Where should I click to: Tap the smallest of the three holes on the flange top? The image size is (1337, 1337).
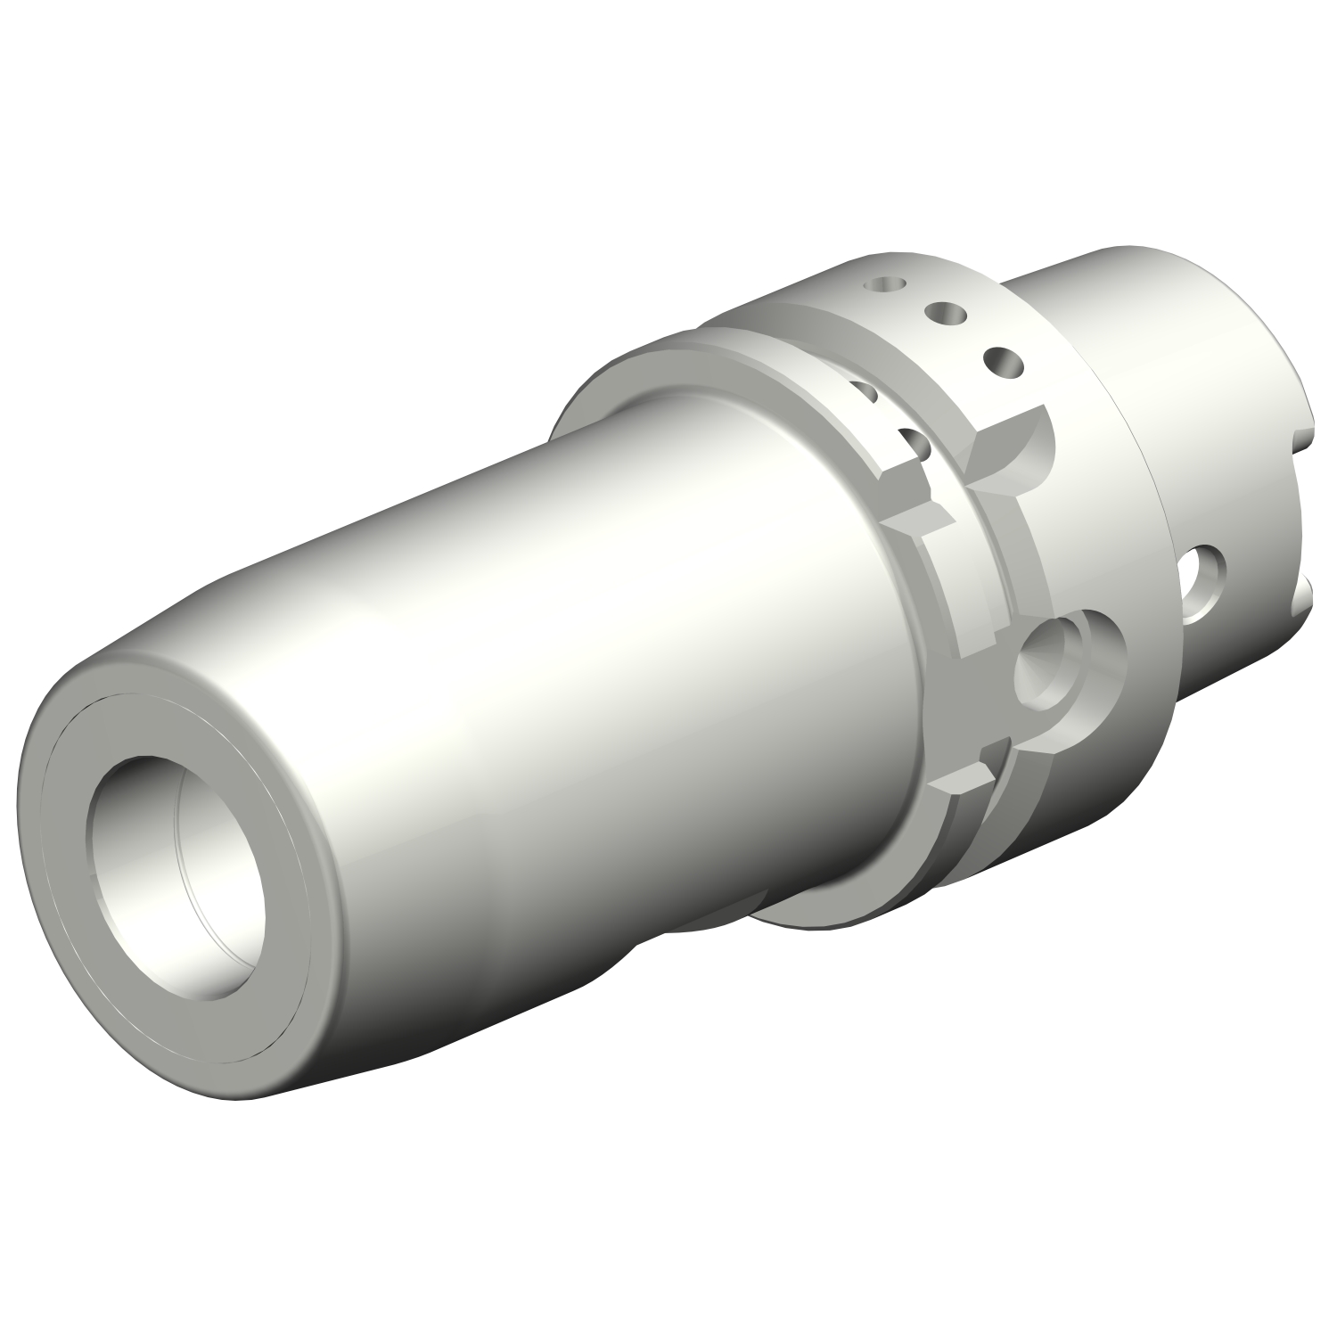(x=886, y=284)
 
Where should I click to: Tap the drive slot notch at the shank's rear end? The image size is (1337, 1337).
(x=1304, y=517)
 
